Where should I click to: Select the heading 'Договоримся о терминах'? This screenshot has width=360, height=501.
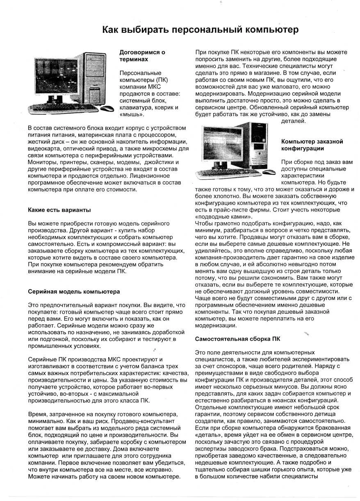(142, 56)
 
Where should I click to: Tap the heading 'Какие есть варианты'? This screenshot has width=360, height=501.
(59, 210)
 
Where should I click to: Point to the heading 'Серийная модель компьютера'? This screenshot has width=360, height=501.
(74, 291)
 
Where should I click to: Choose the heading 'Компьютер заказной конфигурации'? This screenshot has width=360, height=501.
(312, 145)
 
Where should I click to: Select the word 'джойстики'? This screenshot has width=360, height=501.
(163, 162)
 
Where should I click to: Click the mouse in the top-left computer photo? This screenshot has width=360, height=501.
(107, 109)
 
